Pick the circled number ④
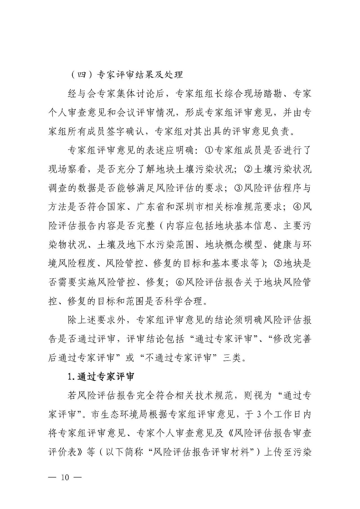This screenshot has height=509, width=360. (x=297, y=207)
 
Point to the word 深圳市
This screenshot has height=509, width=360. (x=192, y=207)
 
